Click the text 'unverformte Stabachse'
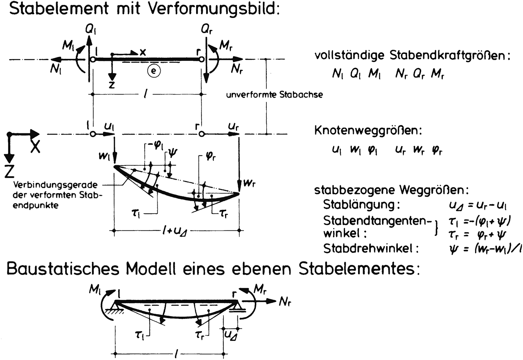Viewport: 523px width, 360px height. [x=274, y=94]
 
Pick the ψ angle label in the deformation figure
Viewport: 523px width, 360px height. [x=172, y=153]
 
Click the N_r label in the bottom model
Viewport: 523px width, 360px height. [x=285, y=301]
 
